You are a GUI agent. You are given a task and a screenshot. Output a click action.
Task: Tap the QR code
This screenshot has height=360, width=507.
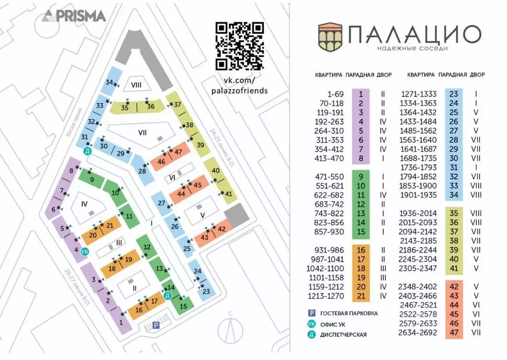pos(239,46)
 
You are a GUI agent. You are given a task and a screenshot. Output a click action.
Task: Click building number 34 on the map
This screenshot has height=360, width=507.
pos(110,82)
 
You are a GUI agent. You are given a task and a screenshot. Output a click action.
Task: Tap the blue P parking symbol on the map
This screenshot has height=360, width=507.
pos(156,325)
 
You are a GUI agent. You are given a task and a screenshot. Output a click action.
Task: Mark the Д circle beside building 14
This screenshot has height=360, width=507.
pos(168,296)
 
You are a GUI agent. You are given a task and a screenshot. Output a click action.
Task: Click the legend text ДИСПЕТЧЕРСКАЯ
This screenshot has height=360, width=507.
pos(343,335)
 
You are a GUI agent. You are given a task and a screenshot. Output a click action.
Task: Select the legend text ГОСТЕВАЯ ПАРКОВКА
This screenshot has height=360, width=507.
pos(349,313)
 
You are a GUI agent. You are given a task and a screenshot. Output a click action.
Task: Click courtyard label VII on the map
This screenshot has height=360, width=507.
pos(142,133)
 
